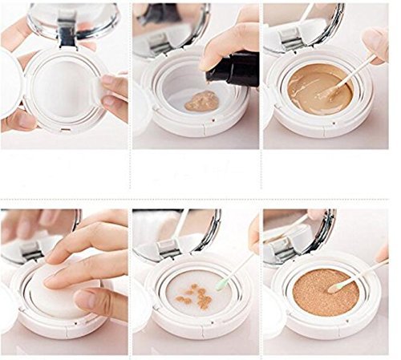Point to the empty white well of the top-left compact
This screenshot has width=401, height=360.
pyautogui.click(x=60, y=88)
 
